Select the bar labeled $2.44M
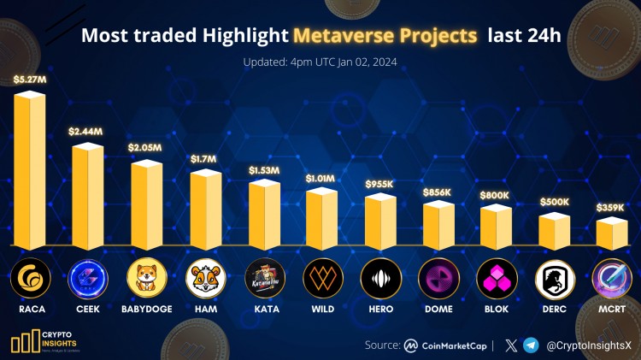(87, 194)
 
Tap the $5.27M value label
(30, 80)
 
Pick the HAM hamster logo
(205, 277)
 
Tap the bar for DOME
(439, 224)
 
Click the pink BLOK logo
(497, 277)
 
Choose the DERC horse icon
(555, 277)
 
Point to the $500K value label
(555, 201)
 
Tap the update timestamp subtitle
(320, 62)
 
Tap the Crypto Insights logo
(43, 338)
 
